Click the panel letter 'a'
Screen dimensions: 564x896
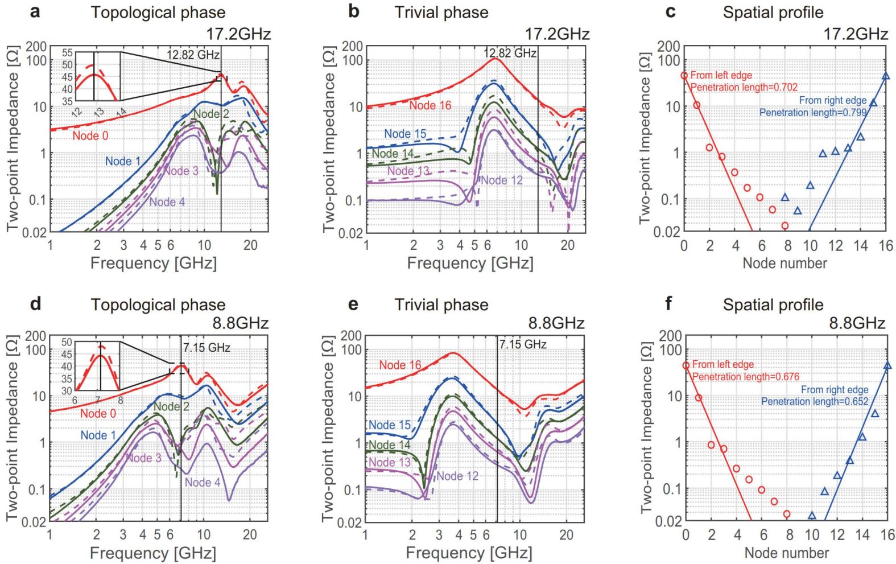pos(35,11)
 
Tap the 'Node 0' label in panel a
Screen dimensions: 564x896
pos(90,135)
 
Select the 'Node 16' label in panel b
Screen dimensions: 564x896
pos(430,105)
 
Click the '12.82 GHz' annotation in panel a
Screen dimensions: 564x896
pos(193,55)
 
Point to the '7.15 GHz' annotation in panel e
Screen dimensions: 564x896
pos(523,344)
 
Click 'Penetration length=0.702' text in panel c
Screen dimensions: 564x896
pos(744,87)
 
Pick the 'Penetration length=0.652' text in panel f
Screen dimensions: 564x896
pos(815,401)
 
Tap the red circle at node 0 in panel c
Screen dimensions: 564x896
pos(684,75)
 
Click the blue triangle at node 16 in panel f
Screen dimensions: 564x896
pos(887,365)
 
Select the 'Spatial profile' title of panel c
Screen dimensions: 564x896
pos(773,13)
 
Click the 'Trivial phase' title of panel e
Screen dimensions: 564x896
pos(441,304)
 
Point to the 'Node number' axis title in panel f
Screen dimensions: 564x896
pos(786,553)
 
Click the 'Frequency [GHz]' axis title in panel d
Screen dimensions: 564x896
pos(153,553)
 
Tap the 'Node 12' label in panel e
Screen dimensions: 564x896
pos(457,476)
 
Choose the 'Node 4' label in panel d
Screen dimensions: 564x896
pos(202,482)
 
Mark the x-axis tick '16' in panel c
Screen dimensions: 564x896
pos(886,245)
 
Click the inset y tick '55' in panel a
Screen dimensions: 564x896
pos(67,53)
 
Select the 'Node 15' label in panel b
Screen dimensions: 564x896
pos(405,134)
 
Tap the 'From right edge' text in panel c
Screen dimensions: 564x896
pos(833,100)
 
